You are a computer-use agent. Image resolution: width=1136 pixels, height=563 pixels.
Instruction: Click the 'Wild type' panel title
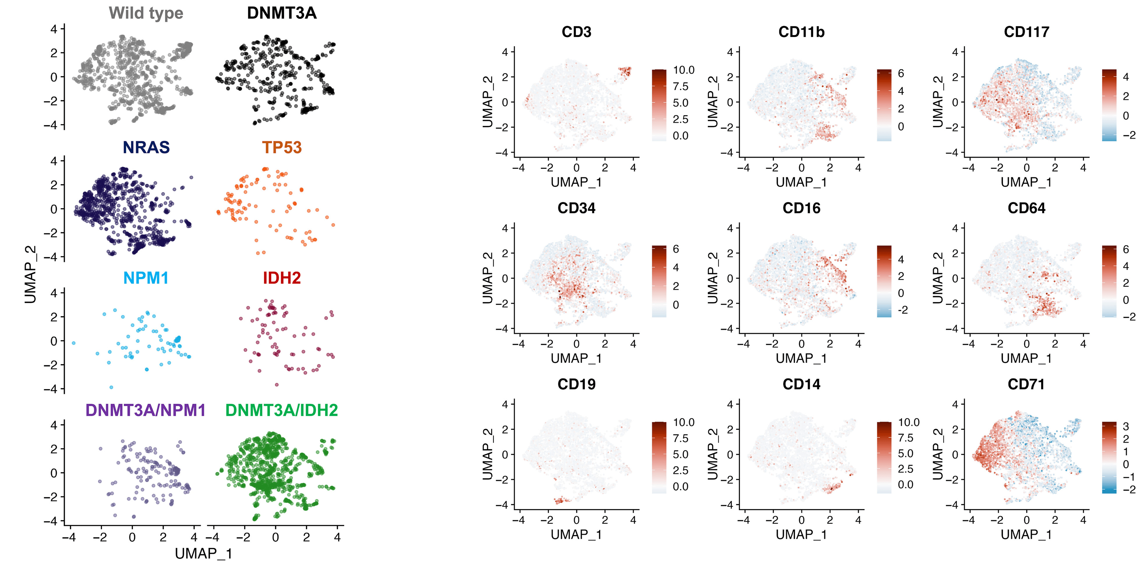tap(146, 13)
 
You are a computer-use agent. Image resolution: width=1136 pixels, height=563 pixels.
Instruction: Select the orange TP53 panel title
tap(282, 147)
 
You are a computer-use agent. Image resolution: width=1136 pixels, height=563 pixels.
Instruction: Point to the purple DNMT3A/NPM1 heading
tap(146, 410)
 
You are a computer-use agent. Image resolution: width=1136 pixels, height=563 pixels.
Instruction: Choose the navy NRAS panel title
tap(146, 147)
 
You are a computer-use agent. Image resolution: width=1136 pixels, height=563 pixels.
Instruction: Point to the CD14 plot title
tap(801, 384)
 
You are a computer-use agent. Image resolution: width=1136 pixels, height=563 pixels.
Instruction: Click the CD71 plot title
tap(1026, 384)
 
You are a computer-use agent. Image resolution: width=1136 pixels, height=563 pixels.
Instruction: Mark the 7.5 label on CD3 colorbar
tap(680, 86)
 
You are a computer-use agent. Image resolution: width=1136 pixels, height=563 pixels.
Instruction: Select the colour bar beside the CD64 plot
tap(1109, 281)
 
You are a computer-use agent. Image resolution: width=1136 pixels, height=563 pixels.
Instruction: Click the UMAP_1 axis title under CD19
tap(576, 534)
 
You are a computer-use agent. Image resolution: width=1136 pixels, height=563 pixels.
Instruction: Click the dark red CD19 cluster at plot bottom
tap(561, 500)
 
